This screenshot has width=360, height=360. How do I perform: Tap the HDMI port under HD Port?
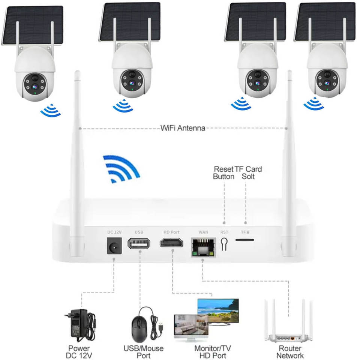click(172, 243)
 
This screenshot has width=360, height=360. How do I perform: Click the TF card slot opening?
click(244, 239)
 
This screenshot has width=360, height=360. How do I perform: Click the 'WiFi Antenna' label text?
click(183, 128)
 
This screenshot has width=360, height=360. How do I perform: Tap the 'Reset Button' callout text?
click(223, 172)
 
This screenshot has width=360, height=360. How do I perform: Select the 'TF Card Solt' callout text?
click(248, 172)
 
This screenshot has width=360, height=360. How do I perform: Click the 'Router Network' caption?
click(290, 352)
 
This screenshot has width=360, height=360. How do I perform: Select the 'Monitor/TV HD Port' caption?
click(212, 352)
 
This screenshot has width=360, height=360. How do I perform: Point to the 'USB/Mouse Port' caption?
click(143, 352)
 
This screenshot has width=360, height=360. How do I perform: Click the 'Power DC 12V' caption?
click(80, 352)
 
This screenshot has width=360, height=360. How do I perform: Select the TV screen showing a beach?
click(218, 309)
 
